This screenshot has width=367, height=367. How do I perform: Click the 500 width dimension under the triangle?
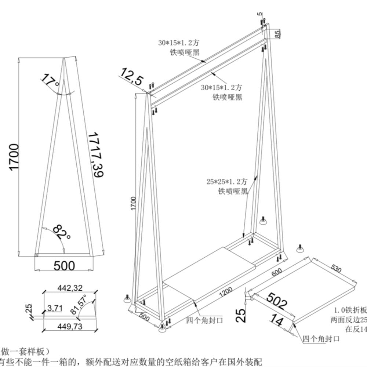click(64, 265)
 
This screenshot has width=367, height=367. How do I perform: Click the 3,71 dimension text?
click(55, 308)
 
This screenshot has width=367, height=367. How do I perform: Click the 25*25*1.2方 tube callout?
click(227, 181)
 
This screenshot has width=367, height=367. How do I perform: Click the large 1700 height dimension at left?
click(14, 157)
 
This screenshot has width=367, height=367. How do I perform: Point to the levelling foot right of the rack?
click(263, 221)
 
